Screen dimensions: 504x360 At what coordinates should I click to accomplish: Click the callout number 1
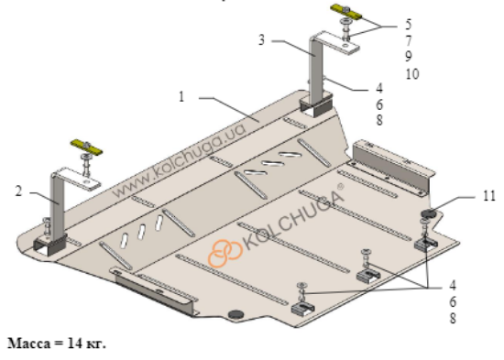click(181, 96)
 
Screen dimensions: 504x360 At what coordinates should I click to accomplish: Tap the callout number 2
click(18, 191)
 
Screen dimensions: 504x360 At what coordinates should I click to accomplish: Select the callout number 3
click(262, 40)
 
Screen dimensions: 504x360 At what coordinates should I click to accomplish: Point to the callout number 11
click(489, 196)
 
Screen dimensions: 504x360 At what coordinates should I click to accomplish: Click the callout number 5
click(408, 25)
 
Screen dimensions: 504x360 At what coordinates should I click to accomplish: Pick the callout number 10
click(412, 74)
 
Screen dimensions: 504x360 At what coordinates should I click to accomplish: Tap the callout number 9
click(408, 57)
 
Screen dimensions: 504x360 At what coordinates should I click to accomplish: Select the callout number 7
click(408, 41)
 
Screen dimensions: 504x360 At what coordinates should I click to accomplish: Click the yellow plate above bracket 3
click(346, 12)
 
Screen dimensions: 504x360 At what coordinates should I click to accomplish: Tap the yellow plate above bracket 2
click(86, 147)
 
